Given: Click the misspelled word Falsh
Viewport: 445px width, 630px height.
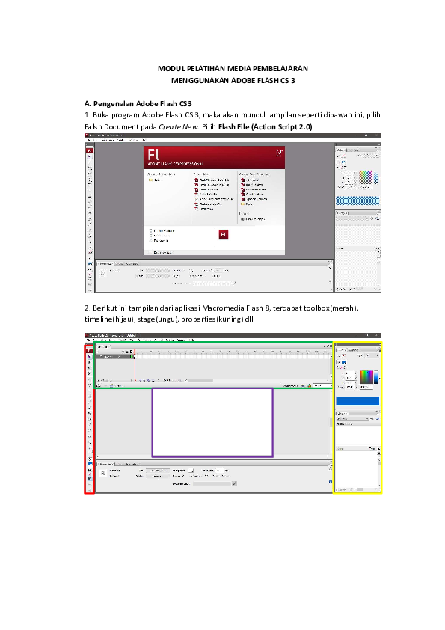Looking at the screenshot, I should tap(94, 127).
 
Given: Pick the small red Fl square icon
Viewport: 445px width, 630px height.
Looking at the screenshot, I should tap(222, 234).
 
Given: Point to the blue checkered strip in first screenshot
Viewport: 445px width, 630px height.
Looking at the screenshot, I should tap(358, 201).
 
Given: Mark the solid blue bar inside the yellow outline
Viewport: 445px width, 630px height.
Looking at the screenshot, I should tap(357, 400).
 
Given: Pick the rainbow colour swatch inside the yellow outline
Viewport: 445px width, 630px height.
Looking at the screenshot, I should tap(366, 377).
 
